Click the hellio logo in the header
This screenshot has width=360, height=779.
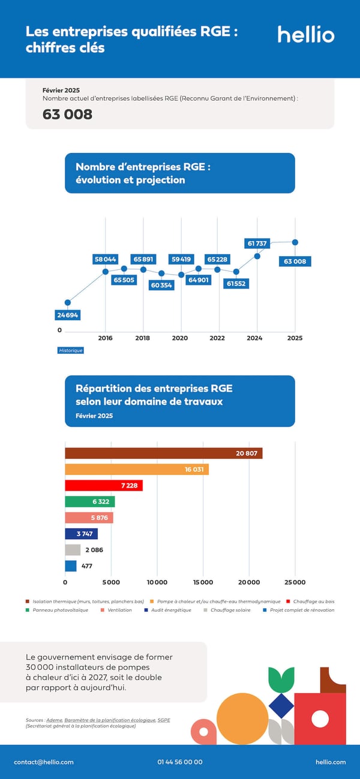(x=305, y=34)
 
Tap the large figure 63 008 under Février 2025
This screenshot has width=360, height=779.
(x=67, y=114)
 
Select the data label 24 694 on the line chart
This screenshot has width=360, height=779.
(x=67, y=315)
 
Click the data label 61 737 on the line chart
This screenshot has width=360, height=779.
(x=257, y=243)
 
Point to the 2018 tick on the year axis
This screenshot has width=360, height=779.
(x=143, y=338)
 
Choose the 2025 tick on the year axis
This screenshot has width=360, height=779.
(x=295, y=338)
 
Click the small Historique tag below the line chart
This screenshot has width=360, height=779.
(x=71, y=350)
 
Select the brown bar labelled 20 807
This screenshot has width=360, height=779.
(x=163, y=453)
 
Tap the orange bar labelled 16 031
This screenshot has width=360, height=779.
(x=137, y=470)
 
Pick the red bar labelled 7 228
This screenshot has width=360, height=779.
(x=104, y=486)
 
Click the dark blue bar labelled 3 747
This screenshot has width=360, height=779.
(x=81, y=534)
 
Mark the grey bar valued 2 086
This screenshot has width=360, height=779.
(x=73, y=550)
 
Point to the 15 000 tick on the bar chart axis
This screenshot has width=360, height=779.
(x=203, y=582)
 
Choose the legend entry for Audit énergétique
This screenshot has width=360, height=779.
(x=170, y=610)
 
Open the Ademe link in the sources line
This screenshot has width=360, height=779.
(x=55, y=720)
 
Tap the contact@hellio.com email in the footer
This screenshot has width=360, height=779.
(x=44, y=762)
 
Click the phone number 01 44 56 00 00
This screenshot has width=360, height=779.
(x=180, y=762)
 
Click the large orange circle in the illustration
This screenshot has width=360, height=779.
(x=242, y=719)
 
